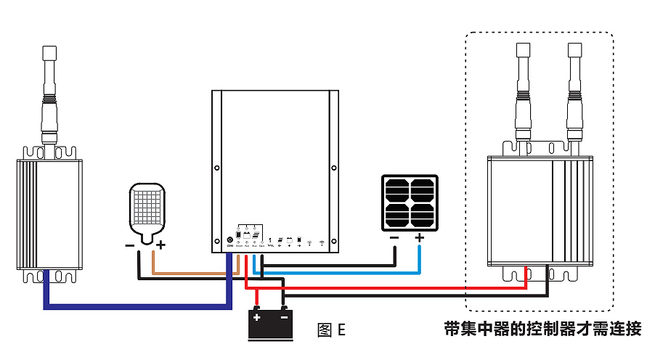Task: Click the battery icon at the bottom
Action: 270,324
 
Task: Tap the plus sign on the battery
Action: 257,317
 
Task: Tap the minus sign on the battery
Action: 283,317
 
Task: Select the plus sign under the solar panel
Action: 419,237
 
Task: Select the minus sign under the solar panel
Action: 394,237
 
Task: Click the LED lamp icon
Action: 147,210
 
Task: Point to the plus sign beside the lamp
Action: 160,245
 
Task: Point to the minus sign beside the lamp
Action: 129,245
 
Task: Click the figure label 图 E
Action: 331,330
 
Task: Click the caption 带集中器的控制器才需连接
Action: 542,329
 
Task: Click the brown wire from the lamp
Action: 189,274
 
